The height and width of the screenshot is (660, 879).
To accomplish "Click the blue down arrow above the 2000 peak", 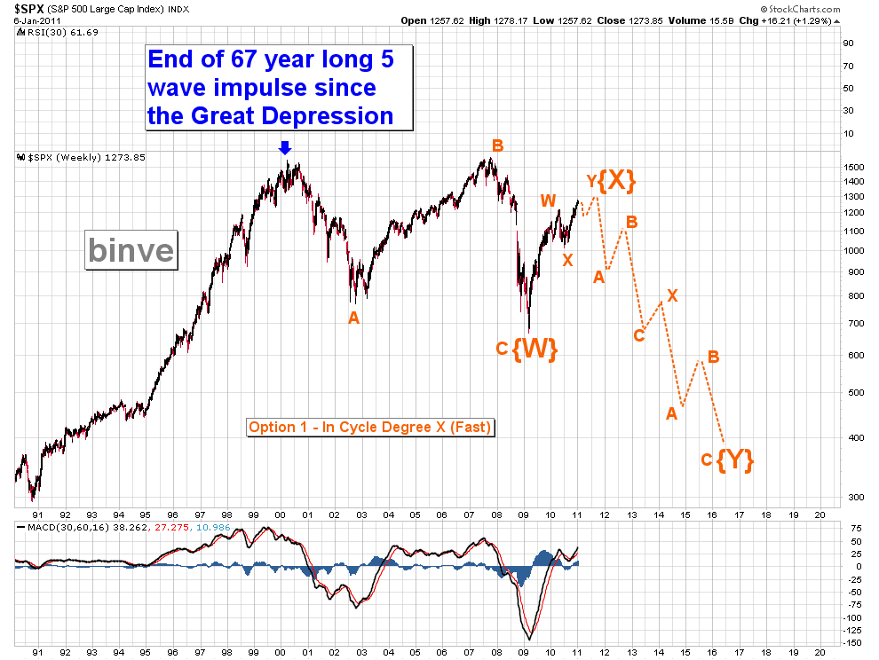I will click(284, 148).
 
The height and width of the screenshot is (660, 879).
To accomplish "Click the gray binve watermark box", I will click(131, 250).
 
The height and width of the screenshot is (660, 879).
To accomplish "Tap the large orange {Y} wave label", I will click(735, 460).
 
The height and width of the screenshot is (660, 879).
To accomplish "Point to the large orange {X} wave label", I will click(616, 180).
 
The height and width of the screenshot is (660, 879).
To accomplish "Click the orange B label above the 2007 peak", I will click(498, 145).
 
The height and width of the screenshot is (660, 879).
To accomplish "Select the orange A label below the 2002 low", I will click(353, 318).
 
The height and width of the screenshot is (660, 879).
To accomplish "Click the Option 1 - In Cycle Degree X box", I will click(370, 427).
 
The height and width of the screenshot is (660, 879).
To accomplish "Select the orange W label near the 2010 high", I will click(549, 200).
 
